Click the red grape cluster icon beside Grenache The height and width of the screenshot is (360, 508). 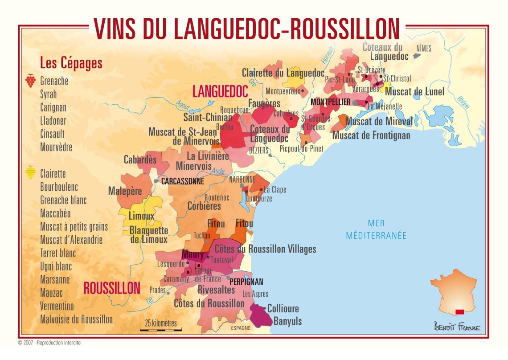pos(30,80)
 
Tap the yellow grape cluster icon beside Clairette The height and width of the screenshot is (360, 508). pos(30,172)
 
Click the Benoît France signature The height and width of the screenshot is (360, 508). pos(457,327)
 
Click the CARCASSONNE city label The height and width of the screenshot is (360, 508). pos(182,181)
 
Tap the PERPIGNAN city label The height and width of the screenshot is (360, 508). pos(246,282)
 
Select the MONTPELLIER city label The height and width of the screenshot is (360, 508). pos(330,102)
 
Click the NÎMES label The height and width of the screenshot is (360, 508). pos(423,48)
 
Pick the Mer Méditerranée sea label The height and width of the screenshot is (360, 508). pos(376,229)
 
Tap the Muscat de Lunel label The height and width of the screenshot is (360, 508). pos(414,92)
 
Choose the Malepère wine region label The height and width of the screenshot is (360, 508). pos(125,191)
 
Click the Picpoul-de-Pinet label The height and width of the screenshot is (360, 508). pos(301,149)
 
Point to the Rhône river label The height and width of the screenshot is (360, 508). pos(463,102)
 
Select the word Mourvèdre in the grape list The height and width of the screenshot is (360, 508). pos(56,147)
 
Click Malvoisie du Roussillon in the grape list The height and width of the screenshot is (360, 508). pos(76,319)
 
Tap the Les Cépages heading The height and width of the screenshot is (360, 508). pos(71,63)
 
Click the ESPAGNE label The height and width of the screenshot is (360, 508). pos(241,328)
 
